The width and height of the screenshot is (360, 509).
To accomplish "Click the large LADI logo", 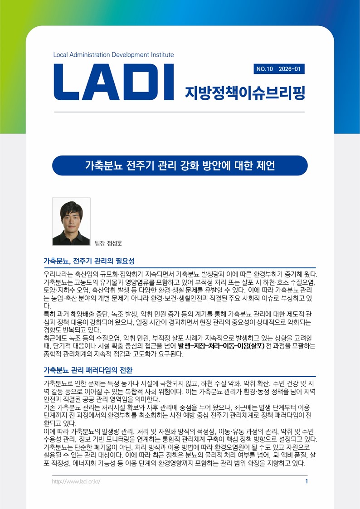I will click(114, 82).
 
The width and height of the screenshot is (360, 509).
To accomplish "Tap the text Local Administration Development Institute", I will click(113, 55).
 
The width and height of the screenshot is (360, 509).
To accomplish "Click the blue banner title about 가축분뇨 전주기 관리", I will click(180, 165).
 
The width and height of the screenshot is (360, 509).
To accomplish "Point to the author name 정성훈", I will click(115, 243).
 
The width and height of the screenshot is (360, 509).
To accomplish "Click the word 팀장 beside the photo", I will click(99, 243).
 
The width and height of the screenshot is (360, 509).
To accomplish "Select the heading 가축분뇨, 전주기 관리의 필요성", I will click(89, 262).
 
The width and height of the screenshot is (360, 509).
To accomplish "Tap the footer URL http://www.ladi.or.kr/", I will click(76, 481).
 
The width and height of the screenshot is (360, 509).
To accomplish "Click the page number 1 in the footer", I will click(306, 481).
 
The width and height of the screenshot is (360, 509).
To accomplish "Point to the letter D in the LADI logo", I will click(133, 82).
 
